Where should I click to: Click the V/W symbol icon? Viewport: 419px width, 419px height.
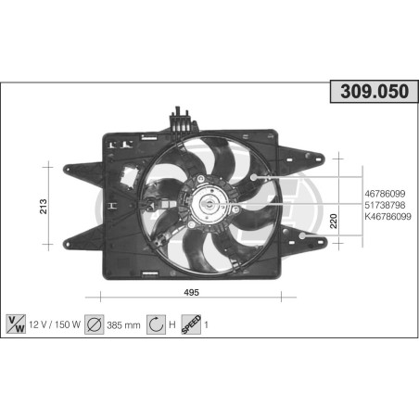point(15,325)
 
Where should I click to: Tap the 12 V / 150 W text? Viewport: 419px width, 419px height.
point(54,325)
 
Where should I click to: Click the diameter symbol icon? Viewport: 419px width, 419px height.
point(94,325)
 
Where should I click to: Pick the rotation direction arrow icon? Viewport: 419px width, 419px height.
point(156,325)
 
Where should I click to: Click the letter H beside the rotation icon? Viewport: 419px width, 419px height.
point(173,325)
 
